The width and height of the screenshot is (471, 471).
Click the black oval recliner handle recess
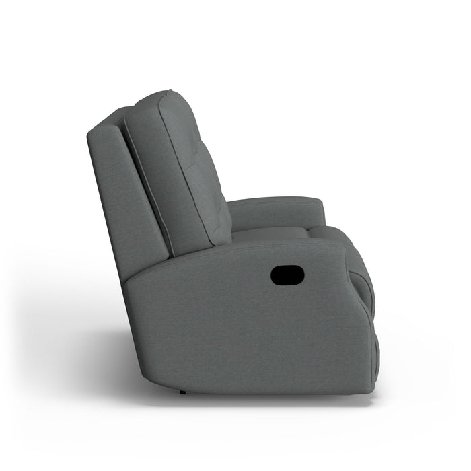[287, 274]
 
